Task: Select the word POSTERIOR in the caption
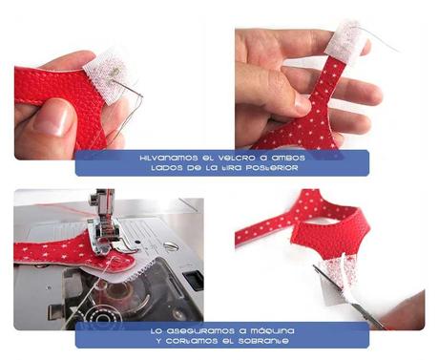coord(272,167)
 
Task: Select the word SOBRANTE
coord(274,340)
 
